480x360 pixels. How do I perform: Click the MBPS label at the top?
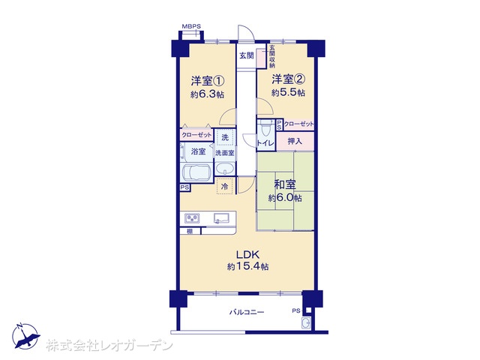pos(191,26)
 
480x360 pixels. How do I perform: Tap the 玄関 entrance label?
pos(247,55)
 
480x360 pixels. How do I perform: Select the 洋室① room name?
pos(208,81)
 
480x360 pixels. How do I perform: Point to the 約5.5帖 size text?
pos(288,92)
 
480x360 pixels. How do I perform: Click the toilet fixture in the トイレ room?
pos(265,129)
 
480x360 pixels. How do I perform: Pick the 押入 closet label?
pos(295,141)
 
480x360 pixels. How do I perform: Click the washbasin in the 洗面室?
pos(225,169)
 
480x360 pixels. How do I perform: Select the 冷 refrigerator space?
pos(225,186)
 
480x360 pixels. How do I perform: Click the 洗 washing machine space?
pos(225,137)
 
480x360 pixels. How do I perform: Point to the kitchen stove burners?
pos(192,218)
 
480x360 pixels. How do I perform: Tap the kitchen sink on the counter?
pos(221,218)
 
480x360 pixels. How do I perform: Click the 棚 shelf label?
pos(190,232)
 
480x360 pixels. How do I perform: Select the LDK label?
pos(247,254)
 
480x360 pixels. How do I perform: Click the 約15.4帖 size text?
pos(248,267)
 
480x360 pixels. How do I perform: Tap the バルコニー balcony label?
pos(247,312)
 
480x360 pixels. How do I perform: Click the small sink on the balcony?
pos(306,323)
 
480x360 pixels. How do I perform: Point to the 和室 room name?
pos(285,184)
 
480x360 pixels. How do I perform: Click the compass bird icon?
pos(25,336)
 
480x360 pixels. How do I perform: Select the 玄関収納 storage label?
pos(271,57)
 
